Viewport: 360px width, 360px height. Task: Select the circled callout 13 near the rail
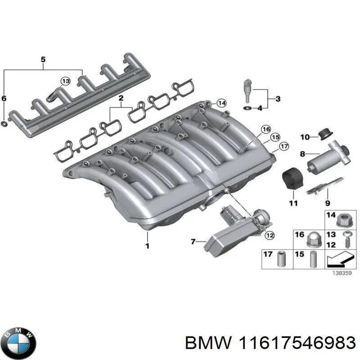(x=66, y=81)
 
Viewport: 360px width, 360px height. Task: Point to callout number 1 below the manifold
(x=147, y=246)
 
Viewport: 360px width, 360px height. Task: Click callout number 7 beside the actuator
(x=193, y=242)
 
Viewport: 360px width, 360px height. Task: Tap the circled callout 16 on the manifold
(x=265, y=130)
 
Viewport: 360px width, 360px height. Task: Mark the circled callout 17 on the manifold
(x=284, y=145)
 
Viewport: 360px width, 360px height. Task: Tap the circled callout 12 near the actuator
(x=269, y=234)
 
